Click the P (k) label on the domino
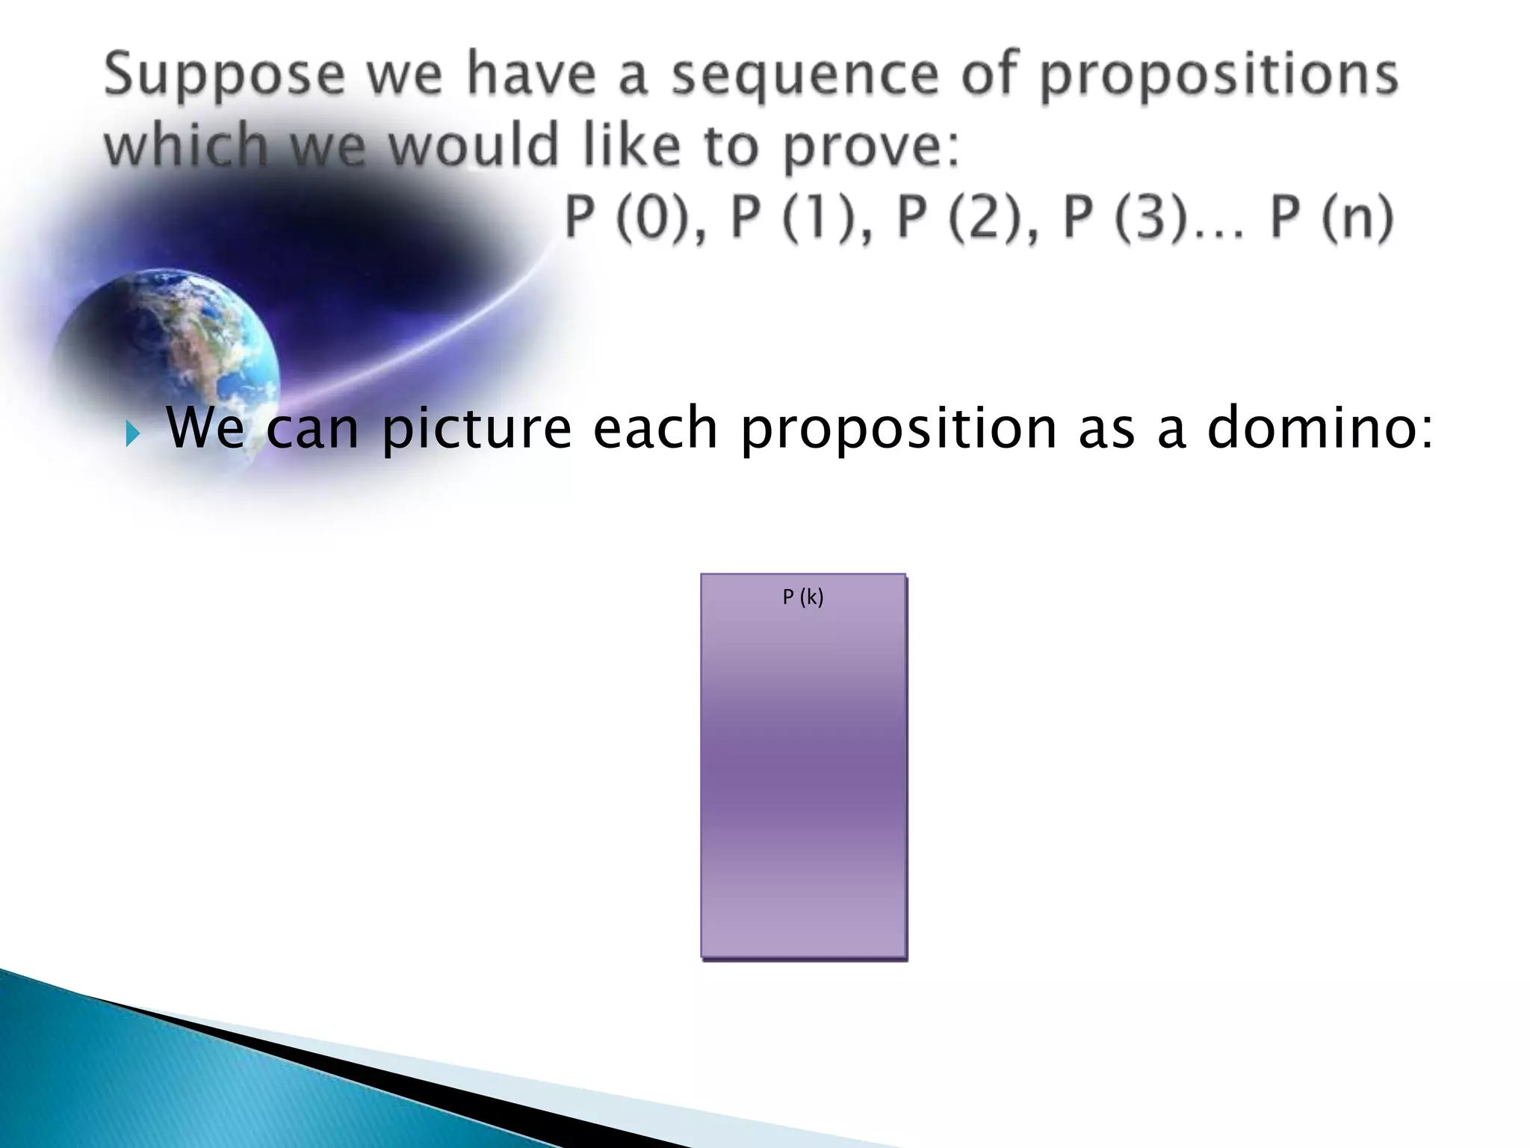803,597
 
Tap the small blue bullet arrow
132,433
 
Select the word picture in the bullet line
477,429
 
